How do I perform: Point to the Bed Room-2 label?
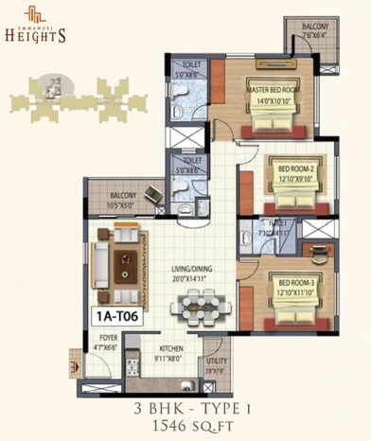tap(295, 171)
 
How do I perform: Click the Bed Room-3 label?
tap(295, 283)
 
